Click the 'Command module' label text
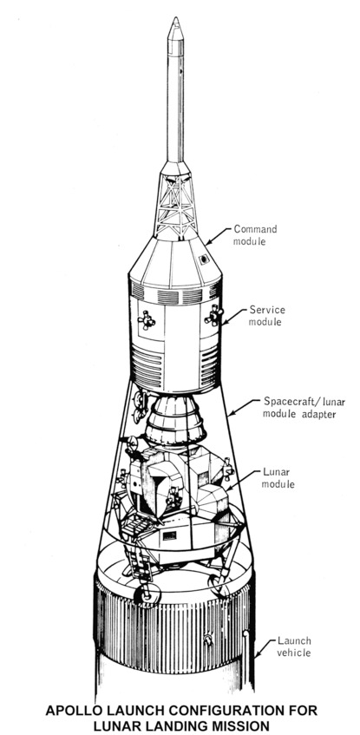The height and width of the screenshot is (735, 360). tap(255, 235)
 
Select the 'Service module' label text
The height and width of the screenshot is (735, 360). tap(266, 316)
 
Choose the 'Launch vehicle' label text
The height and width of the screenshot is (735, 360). tap(294, 646)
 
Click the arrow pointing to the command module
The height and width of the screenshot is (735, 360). tap(219, 236)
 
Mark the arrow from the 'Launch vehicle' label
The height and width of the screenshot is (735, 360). tap(265, 648)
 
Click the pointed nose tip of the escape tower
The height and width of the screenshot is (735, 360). tap(175, 18)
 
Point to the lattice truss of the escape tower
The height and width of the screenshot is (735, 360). tap(176, 207)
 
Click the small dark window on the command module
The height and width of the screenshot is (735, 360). tap(204, 259)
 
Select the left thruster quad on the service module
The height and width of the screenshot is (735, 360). tap(147, 320)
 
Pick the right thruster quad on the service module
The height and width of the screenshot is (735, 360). tap(213, 315)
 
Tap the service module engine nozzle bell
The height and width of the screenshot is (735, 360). tap(175, 419)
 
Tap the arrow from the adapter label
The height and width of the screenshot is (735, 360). tap(244, 408)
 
